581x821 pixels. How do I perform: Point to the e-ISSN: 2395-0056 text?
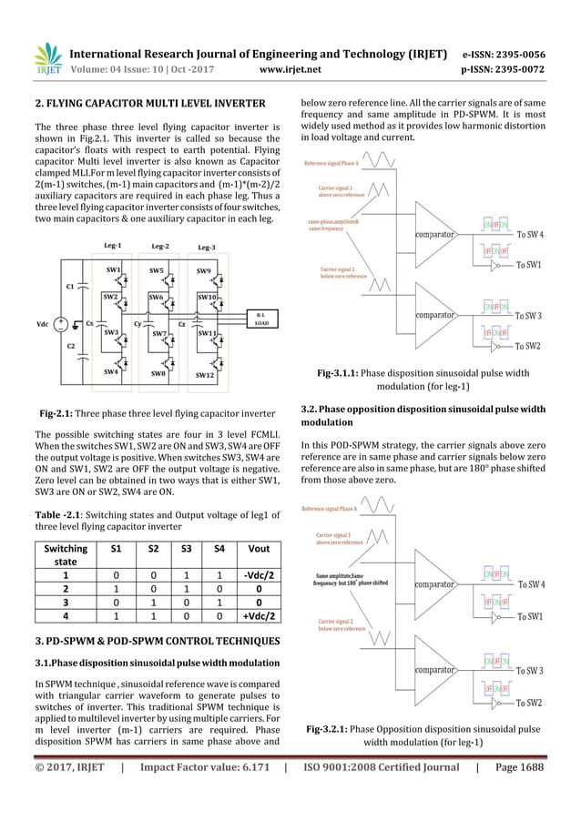[x=511, y=52]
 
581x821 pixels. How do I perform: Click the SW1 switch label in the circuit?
[x=114, y=270]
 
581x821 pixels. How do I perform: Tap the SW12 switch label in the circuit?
[x=204, y=374]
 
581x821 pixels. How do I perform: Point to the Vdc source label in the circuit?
[x=43, y=324]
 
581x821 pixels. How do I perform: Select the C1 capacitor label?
[x=70, y=287]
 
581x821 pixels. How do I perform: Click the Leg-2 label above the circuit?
[x=160, y=247]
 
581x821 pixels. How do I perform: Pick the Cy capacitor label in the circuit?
[x=138, y=323]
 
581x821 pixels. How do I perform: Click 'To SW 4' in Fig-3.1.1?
[x=530, y=235]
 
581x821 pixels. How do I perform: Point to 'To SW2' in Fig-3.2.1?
[x=530, y=703]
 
